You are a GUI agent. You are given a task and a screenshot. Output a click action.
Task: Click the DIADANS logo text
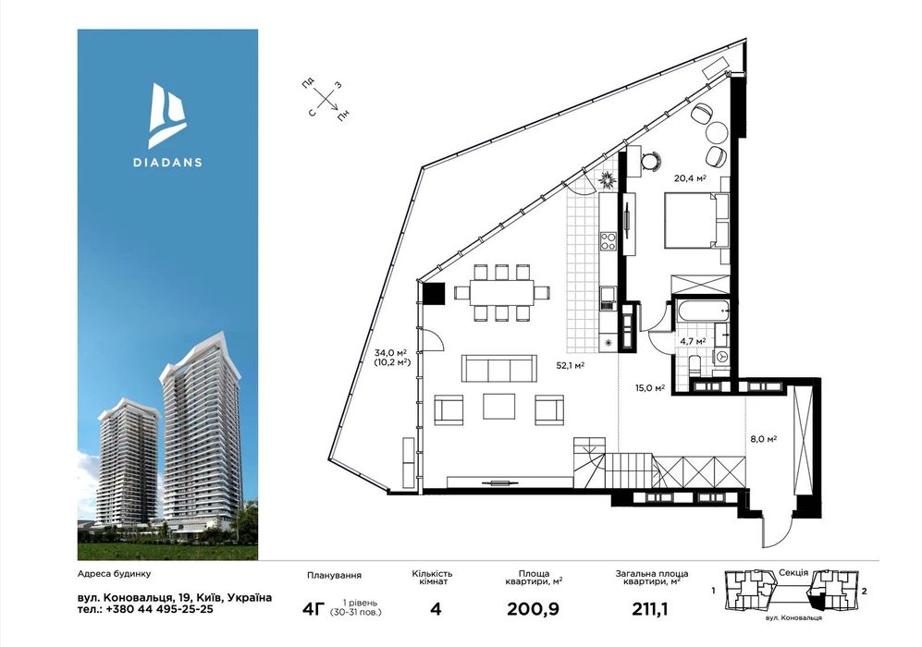coord(167,162)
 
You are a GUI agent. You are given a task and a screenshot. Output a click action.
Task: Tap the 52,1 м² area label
coord(571,365)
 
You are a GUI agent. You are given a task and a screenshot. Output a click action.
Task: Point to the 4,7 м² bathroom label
coord(693,340)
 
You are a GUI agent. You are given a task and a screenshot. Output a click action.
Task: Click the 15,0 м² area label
coord(650,388)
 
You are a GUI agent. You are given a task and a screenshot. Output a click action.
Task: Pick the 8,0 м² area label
coord(764,438)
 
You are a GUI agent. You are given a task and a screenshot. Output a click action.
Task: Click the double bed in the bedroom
coord(696,220)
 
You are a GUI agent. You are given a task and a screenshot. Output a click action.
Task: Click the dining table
coord(501,292)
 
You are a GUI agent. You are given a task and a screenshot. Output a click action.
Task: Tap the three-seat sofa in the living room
coord(499,369)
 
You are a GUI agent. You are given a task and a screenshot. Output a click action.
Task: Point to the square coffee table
coord(499,406)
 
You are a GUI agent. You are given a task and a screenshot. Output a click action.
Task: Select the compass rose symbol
coord(326,99)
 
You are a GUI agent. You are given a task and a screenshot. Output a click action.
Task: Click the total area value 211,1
coord(650,609)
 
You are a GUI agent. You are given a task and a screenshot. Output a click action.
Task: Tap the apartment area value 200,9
coord(533,609)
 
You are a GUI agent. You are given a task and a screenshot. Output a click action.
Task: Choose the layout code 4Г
coord(313,609)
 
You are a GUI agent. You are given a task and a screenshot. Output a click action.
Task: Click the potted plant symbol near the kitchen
coord(607,179)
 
